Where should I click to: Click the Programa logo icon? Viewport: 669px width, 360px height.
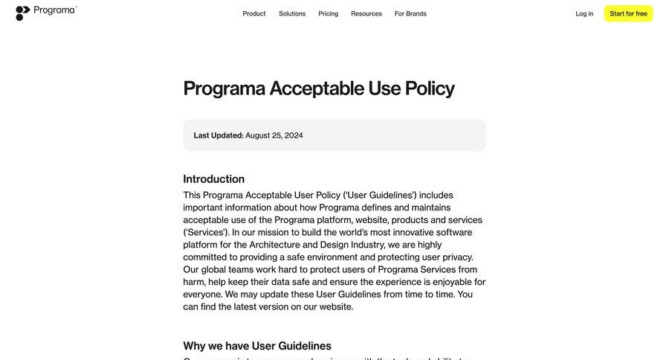(23, 13)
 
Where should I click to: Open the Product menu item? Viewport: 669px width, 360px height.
(254, 13)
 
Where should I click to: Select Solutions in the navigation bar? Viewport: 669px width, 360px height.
(292, 13)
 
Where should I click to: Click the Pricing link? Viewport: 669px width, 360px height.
(328, 13)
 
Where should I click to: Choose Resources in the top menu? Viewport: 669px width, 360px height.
(366, 13)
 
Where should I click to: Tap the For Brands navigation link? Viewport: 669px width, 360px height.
(410, 13)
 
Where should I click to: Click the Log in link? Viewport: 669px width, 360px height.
(584, 13)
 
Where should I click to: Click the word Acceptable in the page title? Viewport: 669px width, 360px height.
(317, 89)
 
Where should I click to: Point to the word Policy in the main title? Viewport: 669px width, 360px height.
(429, 89)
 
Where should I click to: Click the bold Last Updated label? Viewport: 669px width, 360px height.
(219, 135)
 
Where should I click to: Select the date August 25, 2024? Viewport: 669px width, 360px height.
(274, 135)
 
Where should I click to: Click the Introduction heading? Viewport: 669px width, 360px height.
(213, 179)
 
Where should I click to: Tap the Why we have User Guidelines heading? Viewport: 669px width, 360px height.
(257, 346)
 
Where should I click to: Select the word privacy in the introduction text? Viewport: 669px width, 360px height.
(454, 257)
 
